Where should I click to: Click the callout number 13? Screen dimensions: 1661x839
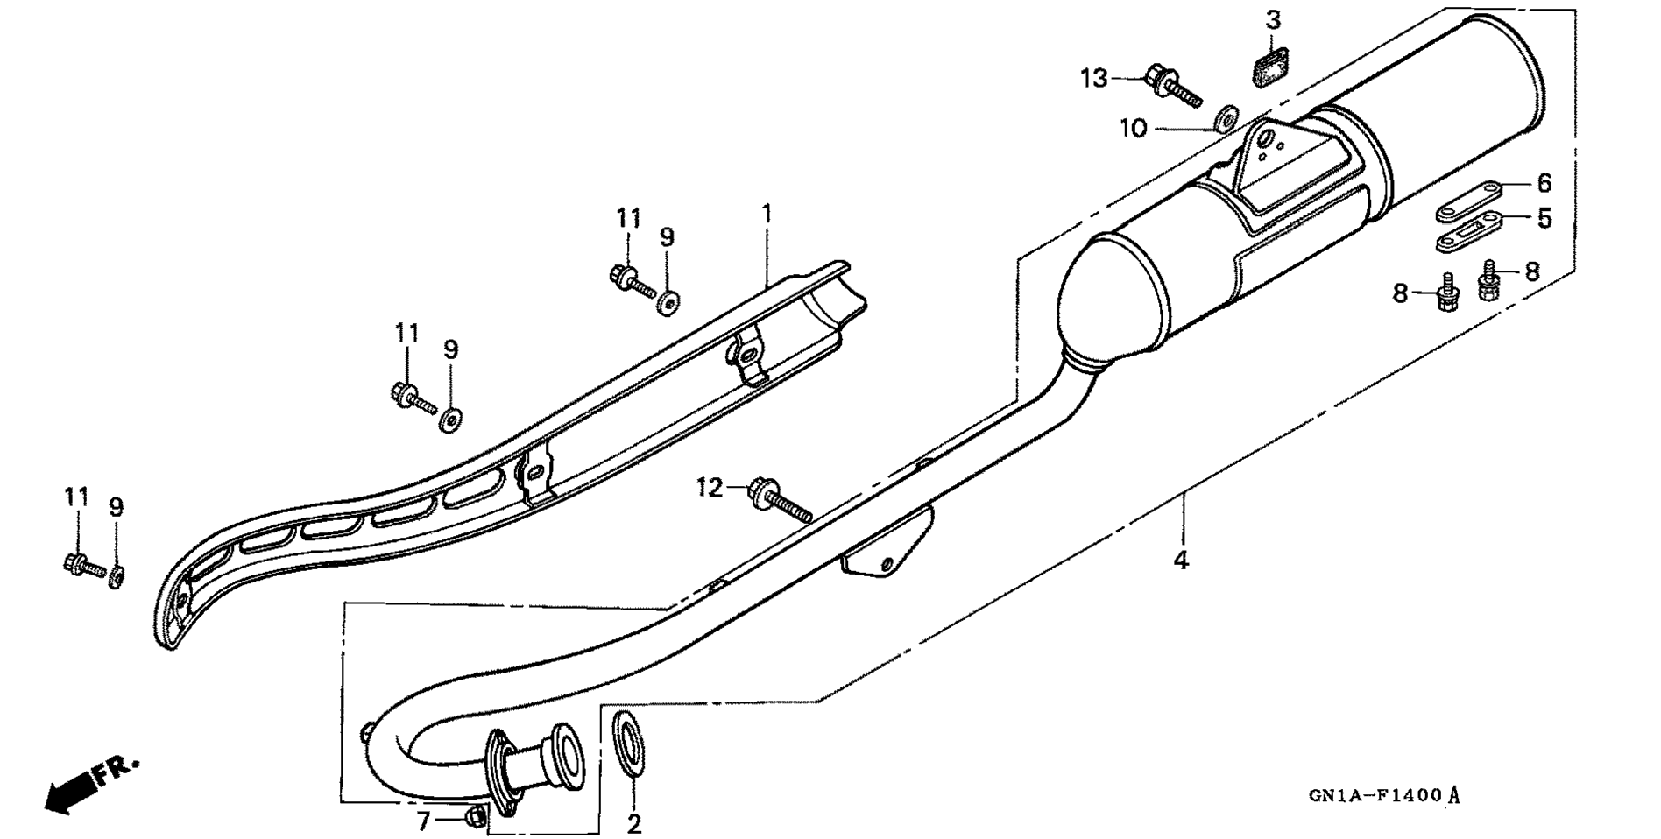[1093, 78]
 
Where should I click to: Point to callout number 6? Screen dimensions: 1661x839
[1544, 183]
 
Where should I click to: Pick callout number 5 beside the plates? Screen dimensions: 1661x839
[1544, 217]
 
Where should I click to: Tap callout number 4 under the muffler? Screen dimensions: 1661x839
[1181, 559]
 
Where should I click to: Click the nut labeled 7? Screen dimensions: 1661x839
[475, 817]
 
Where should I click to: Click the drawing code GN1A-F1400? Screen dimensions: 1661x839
[1375, 796]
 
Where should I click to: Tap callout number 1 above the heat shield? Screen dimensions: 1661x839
[767, 213]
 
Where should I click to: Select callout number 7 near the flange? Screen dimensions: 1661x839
[423, 821]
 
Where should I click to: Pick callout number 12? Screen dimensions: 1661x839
[710, 487]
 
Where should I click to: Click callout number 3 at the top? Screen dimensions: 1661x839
[1273, 19]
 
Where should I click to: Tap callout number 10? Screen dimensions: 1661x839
[1133, 129]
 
